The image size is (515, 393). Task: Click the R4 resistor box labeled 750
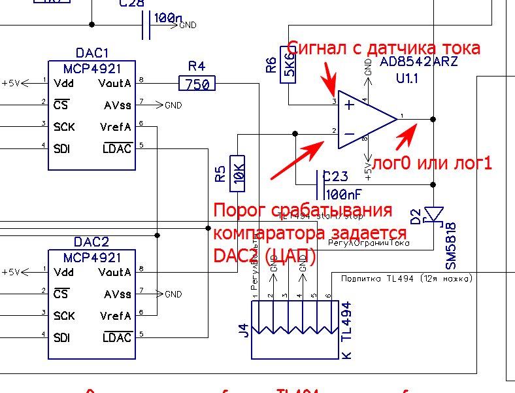click(x=197, y=84)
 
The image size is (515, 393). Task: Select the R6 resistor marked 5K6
click(x=288, y=65)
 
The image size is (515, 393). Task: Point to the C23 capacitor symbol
click(x=322, y=184)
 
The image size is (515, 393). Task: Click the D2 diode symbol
click(x=434, y=214)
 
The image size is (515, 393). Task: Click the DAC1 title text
click(x=91, y=52)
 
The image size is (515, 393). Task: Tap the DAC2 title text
click(x=91, y=241)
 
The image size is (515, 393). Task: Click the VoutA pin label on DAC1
click(x=114, y=84)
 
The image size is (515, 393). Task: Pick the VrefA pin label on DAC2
click(x=116, y=316)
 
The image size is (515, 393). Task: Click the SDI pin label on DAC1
click(x=63, y=149)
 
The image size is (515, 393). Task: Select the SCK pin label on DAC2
click(x=64, y=316)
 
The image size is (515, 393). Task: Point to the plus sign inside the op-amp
click(x=350, y=104)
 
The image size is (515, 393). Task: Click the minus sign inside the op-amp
click(x=350, y=134)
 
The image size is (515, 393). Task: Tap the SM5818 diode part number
click(x=451, y=246)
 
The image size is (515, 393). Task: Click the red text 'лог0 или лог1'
click(x=431, y=163)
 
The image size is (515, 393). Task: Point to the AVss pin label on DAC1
click(x=118, y=105)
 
